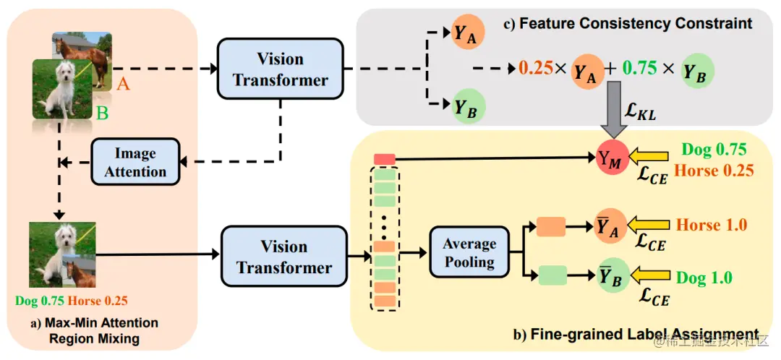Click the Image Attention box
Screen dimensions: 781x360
tap(135, 163)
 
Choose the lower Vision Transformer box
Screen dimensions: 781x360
tap(283, 256)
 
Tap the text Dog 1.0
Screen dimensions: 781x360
tap(704, 278)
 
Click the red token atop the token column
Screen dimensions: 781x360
tap(385, 159)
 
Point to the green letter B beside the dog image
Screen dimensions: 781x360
tap(102, 114)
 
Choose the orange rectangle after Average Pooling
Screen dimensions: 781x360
tap(550, 226)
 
